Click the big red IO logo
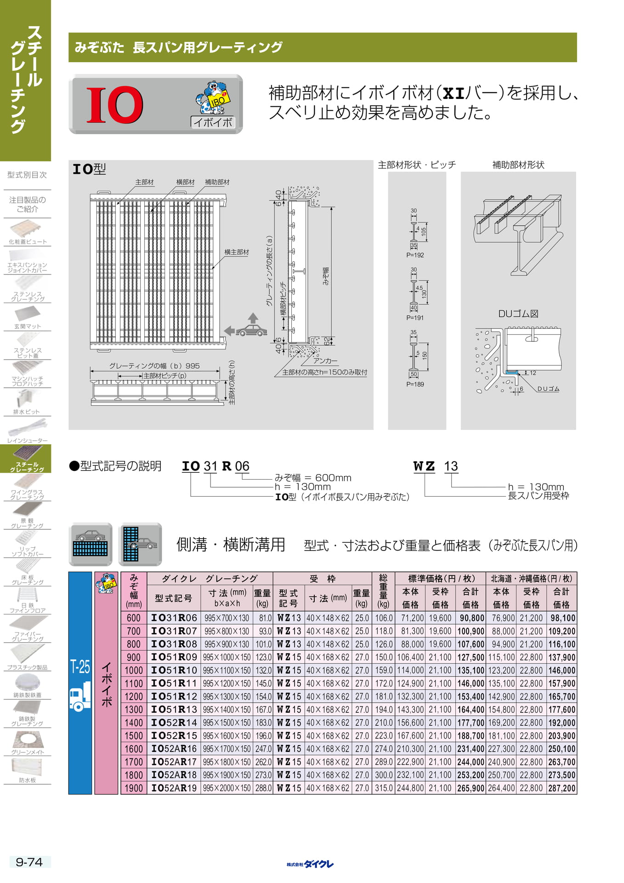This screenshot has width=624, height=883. click(115, 105)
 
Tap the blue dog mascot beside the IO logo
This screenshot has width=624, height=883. click(213, 98)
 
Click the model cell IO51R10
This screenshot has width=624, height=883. click(174, 670)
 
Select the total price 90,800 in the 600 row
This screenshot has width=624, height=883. click(471, 618)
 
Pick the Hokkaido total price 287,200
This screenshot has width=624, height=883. click(562, 788)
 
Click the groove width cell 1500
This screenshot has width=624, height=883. click(134, 736)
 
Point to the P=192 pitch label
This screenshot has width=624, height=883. click(415, 255)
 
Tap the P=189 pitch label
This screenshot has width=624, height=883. click(415, 384)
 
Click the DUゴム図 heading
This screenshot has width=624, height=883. click(518, 314)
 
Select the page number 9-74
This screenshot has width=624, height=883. click(29, 862)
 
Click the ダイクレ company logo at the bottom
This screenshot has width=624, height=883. click(310, 864)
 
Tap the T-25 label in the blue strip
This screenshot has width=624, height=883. click(80, 666)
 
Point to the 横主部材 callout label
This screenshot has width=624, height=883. click(237, 252)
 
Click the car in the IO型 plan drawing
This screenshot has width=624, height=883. click(251, 330)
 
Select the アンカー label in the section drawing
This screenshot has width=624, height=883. click(325, 361)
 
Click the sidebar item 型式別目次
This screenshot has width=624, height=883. click(27, 175)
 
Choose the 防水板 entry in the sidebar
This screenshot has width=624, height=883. click(28, 780)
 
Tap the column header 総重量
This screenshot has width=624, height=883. click(383, 591)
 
